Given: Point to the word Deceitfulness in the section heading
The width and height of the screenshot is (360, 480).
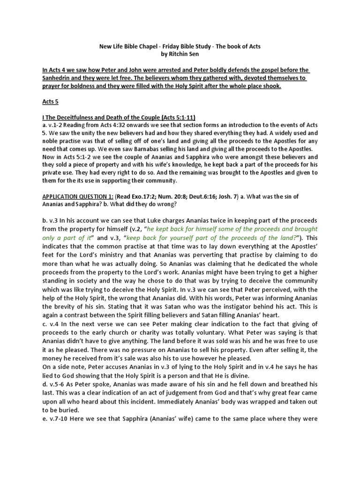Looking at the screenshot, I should [x=79, y=116].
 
